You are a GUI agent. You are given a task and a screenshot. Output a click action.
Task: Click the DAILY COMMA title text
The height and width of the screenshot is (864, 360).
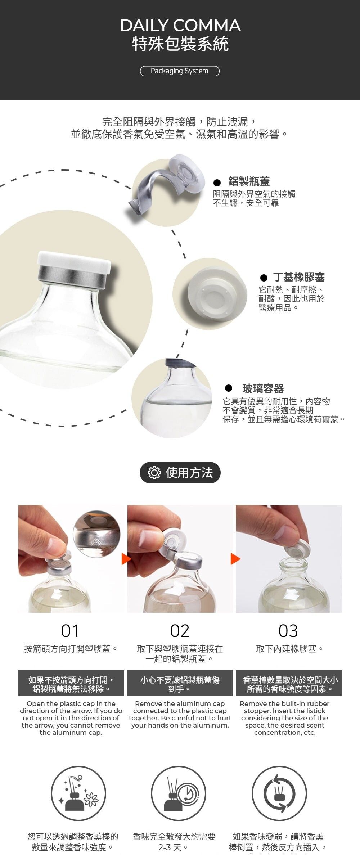(180, 25)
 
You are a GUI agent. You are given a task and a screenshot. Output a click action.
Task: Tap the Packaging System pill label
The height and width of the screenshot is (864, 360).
(180, 71)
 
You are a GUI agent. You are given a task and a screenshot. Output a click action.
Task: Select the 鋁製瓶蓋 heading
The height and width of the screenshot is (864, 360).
(249, 181)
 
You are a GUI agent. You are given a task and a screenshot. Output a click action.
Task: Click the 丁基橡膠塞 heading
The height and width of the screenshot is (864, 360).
(299, 277)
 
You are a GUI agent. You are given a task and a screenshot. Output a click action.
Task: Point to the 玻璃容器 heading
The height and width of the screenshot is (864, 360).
(263, 389)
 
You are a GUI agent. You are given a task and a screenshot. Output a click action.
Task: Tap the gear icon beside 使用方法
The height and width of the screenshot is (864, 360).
(154, 473)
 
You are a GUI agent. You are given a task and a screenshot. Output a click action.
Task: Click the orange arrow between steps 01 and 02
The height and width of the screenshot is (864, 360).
(126, 559)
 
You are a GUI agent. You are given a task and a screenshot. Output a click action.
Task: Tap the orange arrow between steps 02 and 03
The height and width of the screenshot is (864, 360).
(235, 559)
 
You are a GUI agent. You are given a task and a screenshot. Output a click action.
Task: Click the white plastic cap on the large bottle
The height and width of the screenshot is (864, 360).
(74, 262)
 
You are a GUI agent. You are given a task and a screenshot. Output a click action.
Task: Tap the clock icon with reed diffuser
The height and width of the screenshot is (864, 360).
(179, 793)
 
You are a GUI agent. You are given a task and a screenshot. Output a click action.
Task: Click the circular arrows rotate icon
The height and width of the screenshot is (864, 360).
(279, 793)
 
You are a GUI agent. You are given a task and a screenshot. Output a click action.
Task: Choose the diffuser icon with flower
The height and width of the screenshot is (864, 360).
(78, 793)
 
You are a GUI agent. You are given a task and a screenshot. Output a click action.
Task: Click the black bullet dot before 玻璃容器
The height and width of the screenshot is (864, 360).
(229, 388)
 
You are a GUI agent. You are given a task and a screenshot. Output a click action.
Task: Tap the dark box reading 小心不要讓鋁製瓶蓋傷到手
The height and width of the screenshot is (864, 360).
(180, 683)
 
